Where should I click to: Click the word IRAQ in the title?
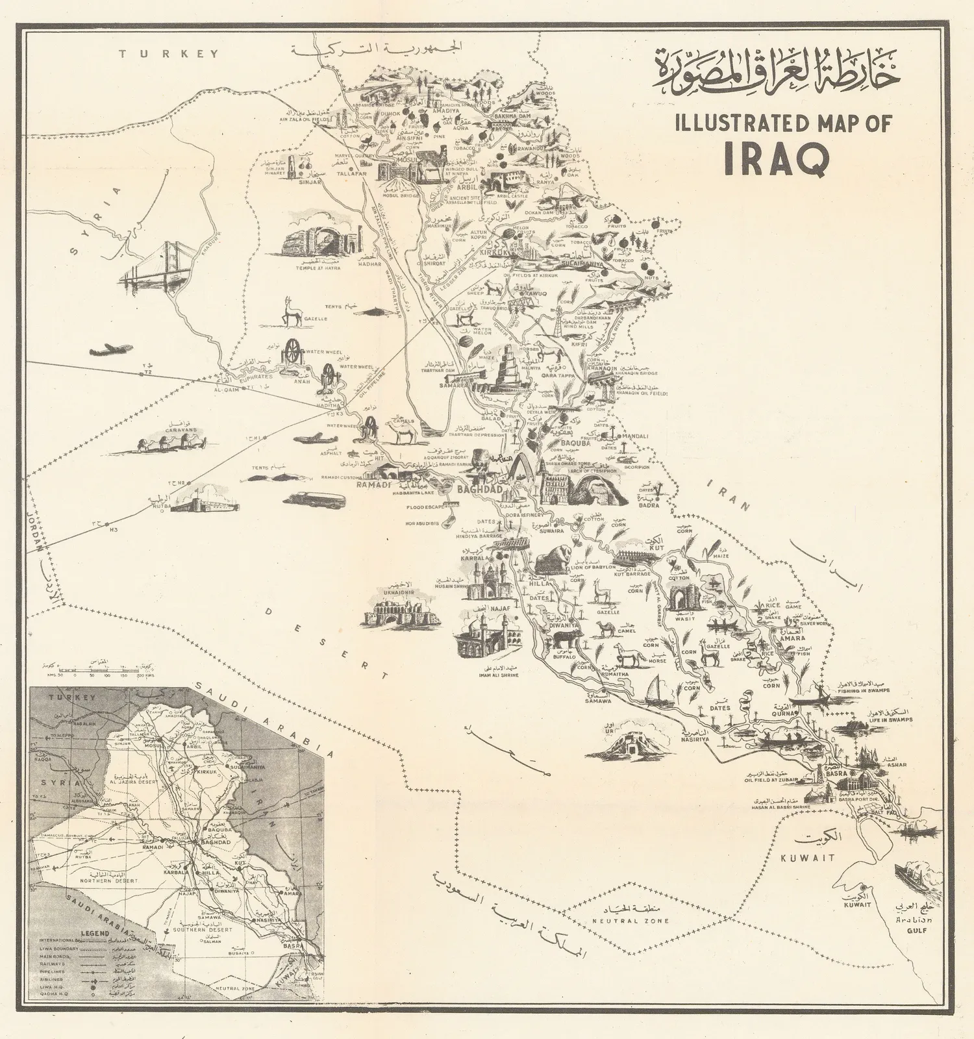click(x=777, y=159)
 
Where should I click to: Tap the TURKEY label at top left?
click(x=169, y=54)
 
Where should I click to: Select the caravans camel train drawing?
click(x=171, y=443)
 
